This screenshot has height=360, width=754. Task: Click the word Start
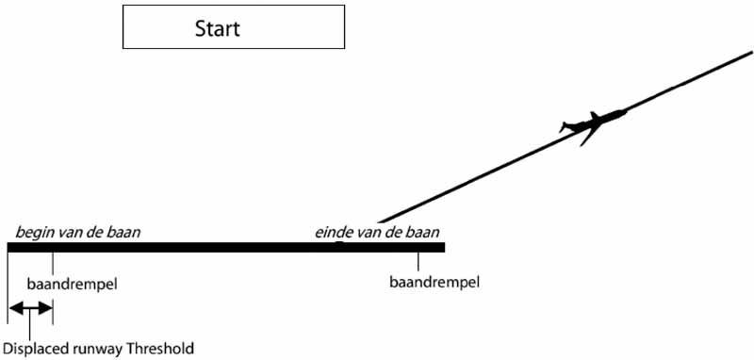pyautogui.click(x=217, y=28)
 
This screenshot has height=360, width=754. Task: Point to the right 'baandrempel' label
pyautogui.click(x=434, y=282)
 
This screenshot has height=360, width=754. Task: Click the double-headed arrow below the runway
pyautogui.click(x=30, y=308)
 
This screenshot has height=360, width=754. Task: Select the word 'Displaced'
pyautogui.click(x=37, y=349)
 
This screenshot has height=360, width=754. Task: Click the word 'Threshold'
pyautogui.click(x=159, y=349)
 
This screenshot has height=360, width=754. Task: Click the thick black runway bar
pyautogui.click(x=226, y=248)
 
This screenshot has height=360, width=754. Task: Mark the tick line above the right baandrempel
pyautogui.click(x=418, y=262)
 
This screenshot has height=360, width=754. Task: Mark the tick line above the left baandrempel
pyautogui.click(x=53, y=262)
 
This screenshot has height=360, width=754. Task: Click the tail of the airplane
pyautogui.click(x=566, y=125)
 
